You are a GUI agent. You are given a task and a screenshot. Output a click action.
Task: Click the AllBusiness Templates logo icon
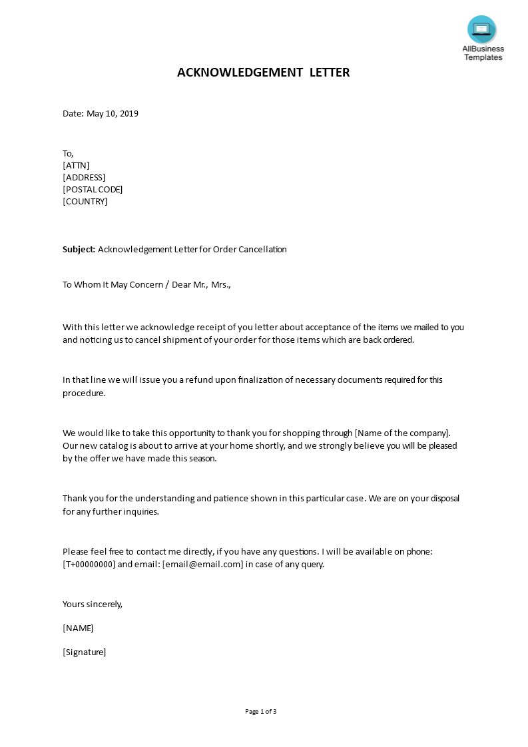point(481,29)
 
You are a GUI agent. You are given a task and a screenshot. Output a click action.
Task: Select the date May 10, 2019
point(113,113)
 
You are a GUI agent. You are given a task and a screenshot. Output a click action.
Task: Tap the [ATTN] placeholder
point(76,165)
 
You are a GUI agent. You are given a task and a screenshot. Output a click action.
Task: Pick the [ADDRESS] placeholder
point(84,177)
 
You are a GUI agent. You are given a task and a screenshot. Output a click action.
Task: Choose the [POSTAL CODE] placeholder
point(93,189)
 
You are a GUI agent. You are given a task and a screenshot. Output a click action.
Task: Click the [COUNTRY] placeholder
point(85,201)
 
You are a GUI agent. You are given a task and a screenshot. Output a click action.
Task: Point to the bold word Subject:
point(79,250)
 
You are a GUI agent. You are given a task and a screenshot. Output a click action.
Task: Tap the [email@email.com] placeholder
point(202,565)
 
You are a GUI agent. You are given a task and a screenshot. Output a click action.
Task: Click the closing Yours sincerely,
point(93,605)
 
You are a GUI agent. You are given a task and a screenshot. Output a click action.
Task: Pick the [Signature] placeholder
point(85,652)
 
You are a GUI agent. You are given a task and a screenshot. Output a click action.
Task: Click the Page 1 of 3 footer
point(261,712)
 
